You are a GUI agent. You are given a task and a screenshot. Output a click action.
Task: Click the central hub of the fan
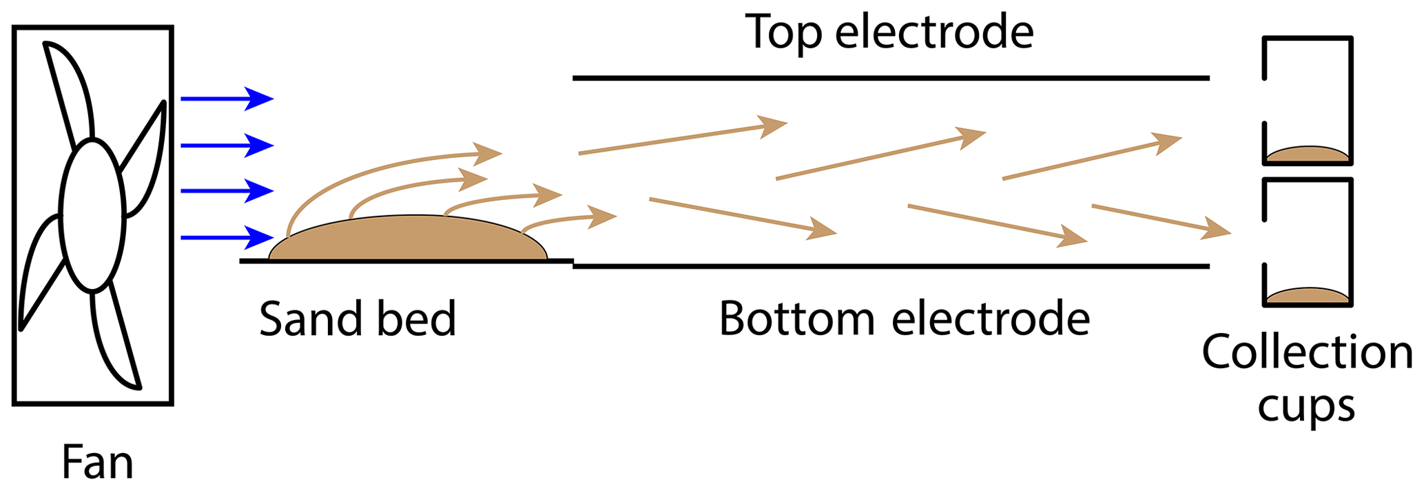click(92, 215)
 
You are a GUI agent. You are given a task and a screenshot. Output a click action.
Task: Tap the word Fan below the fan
click(97, 462)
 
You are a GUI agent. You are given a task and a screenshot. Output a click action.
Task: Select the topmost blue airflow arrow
click(227, 99)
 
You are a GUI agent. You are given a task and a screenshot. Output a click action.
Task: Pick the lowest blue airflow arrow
click(227, 238)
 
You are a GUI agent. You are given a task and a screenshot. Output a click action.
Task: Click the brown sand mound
click(408, 239)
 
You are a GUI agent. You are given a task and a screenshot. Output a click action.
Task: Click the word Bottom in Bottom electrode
click(796, 319)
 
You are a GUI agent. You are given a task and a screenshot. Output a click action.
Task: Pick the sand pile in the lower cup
click(1307, 297)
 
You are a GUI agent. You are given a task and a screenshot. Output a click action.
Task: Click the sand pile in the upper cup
click(1307, 154)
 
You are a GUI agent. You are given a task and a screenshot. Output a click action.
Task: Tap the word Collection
click(1307, 352)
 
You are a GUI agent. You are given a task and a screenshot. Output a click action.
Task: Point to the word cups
click(1306, 406)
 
